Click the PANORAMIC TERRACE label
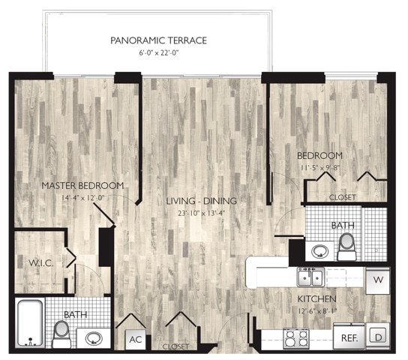pos(158,40)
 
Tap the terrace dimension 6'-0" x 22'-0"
pos(158,53)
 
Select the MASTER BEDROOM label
pos(82,186)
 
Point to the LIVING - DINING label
pos(202,201)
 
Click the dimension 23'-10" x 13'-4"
pos(202,213)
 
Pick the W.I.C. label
pos(40,263)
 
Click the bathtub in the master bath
pos(31,322)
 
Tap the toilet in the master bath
pos(61,334)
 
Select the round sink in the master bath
pos(94,338)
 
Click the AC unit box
pos(136,340)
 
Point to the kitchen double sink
pos(310,277)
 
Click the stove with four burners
pos(296,338)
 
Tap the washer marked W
pos(378,280)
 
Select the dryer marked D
pos(378,336)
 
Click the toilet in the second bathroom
pos(346,247)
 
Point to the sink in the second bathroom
pos(320,251)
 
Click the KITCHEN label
pos(317,299)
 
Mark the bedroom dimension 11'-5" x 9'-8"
pos(320,168)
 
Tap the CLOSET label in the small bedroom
pos(343,197)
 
